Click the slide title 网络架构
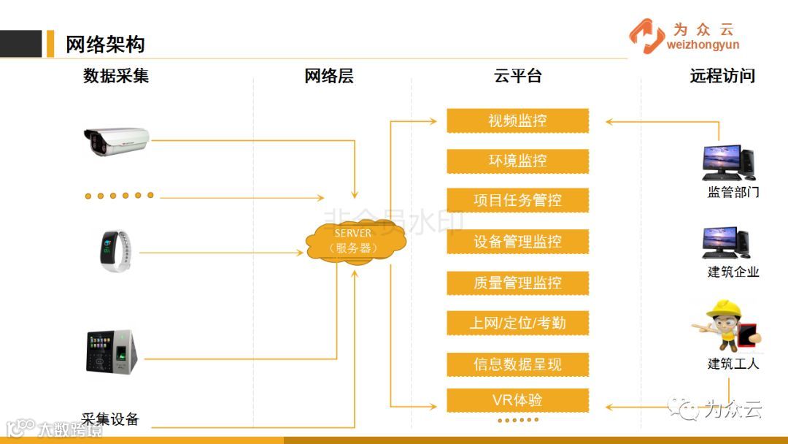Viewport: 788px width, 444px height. tap(105, 45)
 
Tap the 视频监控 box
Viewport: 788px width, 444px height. tap(517, 120)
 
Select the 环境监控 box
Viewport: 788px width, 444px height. tap(517, 161)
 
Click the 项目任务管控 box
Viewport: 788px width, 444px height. tap(517, 201)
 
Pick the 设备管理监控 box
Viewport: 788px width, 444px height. tap(517, 242)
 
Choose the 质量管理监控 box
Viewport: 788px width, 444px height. tap(517, 283)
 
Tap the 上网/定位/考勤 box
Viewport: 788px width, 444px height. tap(517, 323)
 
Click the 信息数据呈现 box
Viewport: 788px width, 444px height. tap(517, 364)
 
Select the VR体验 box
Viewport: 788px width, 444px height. tap(517, 400)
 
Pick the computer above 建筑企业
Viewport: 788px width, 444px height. tap(727, 242)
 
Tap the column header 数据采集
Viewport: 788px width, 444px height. tap(116, 76)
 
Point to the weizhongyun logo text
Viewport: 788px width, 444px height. tap(703, 45)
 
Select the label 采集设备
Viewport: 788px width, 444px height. tap(110, 419)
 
